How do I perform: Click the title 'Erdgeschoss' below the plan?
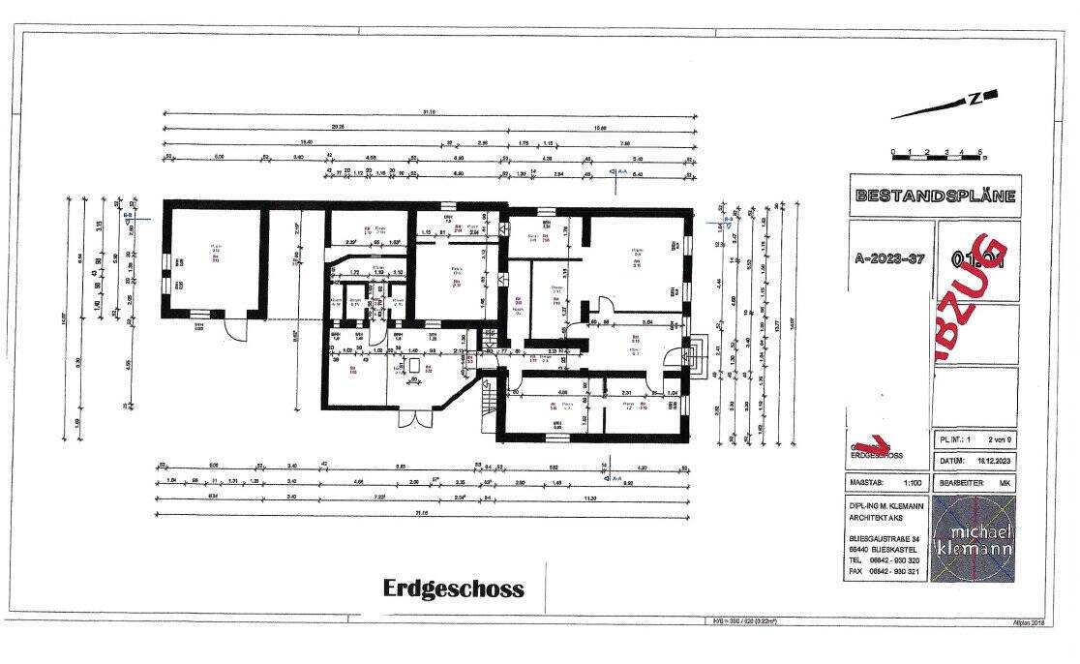click(453, 589)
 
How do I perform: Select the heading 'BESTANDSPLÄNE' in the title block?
click(934, 196)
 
